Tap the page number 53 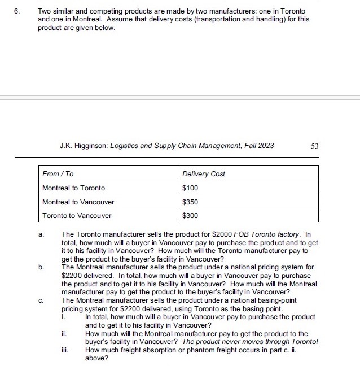(x=314, y=146)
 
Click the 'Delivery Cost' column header (x=203, y=173)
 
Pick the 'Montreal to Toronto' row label (x=73, y=188)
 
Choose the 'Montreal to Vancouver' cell (x=78, y=202)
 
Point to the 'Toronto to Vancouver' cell (x=77, y=215)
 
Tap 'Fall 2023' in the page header (x=258, y=146)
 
